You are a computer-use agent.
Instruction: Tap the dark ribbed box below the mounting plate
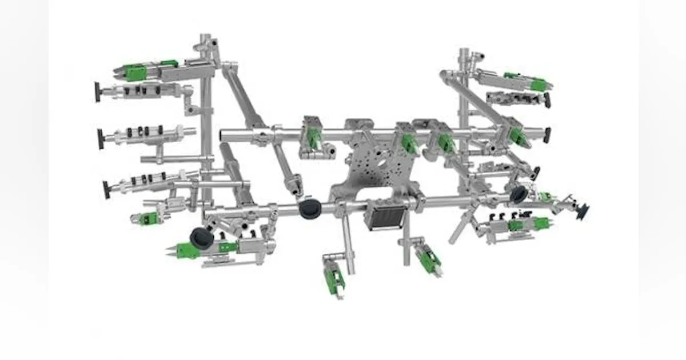pos(384,215)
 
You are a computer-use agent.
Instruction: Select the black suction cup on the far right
pos(583,212)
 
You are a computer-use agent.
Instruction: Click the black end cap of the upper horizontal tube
pos(547,135)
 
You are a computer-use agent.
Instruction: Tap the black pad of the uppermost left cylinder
pos(97,91)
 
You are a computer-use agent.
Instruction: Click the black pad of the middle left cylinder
pos(101,139)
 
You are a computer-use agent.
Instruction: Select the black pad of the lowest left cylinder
pos(106,190)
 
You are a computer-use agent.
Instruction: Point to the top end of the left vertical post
pos(205,38)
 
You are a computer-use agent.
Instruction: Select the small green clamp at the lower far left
pos(147,218)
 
